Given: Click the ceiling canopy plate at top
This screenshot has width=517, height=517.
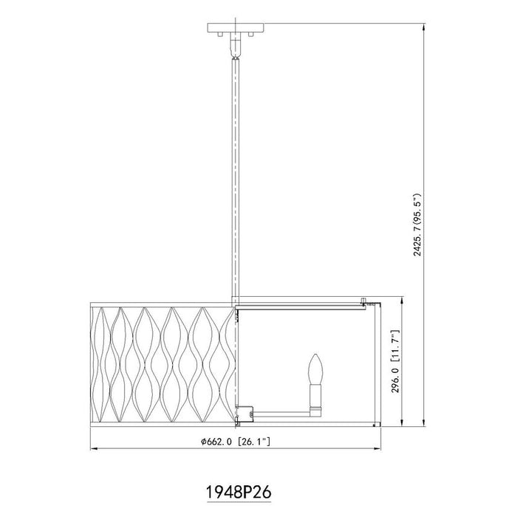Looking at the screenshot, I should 236,30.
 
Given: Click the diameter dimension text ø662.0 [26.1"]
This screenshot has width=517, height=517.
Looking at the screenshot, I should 238,442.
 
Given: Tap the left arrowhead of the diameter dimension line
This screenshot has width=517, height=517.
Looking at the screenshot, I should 92,450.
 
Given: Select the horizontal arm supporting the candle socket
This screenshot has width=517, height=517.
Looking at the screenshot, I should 281,411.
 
